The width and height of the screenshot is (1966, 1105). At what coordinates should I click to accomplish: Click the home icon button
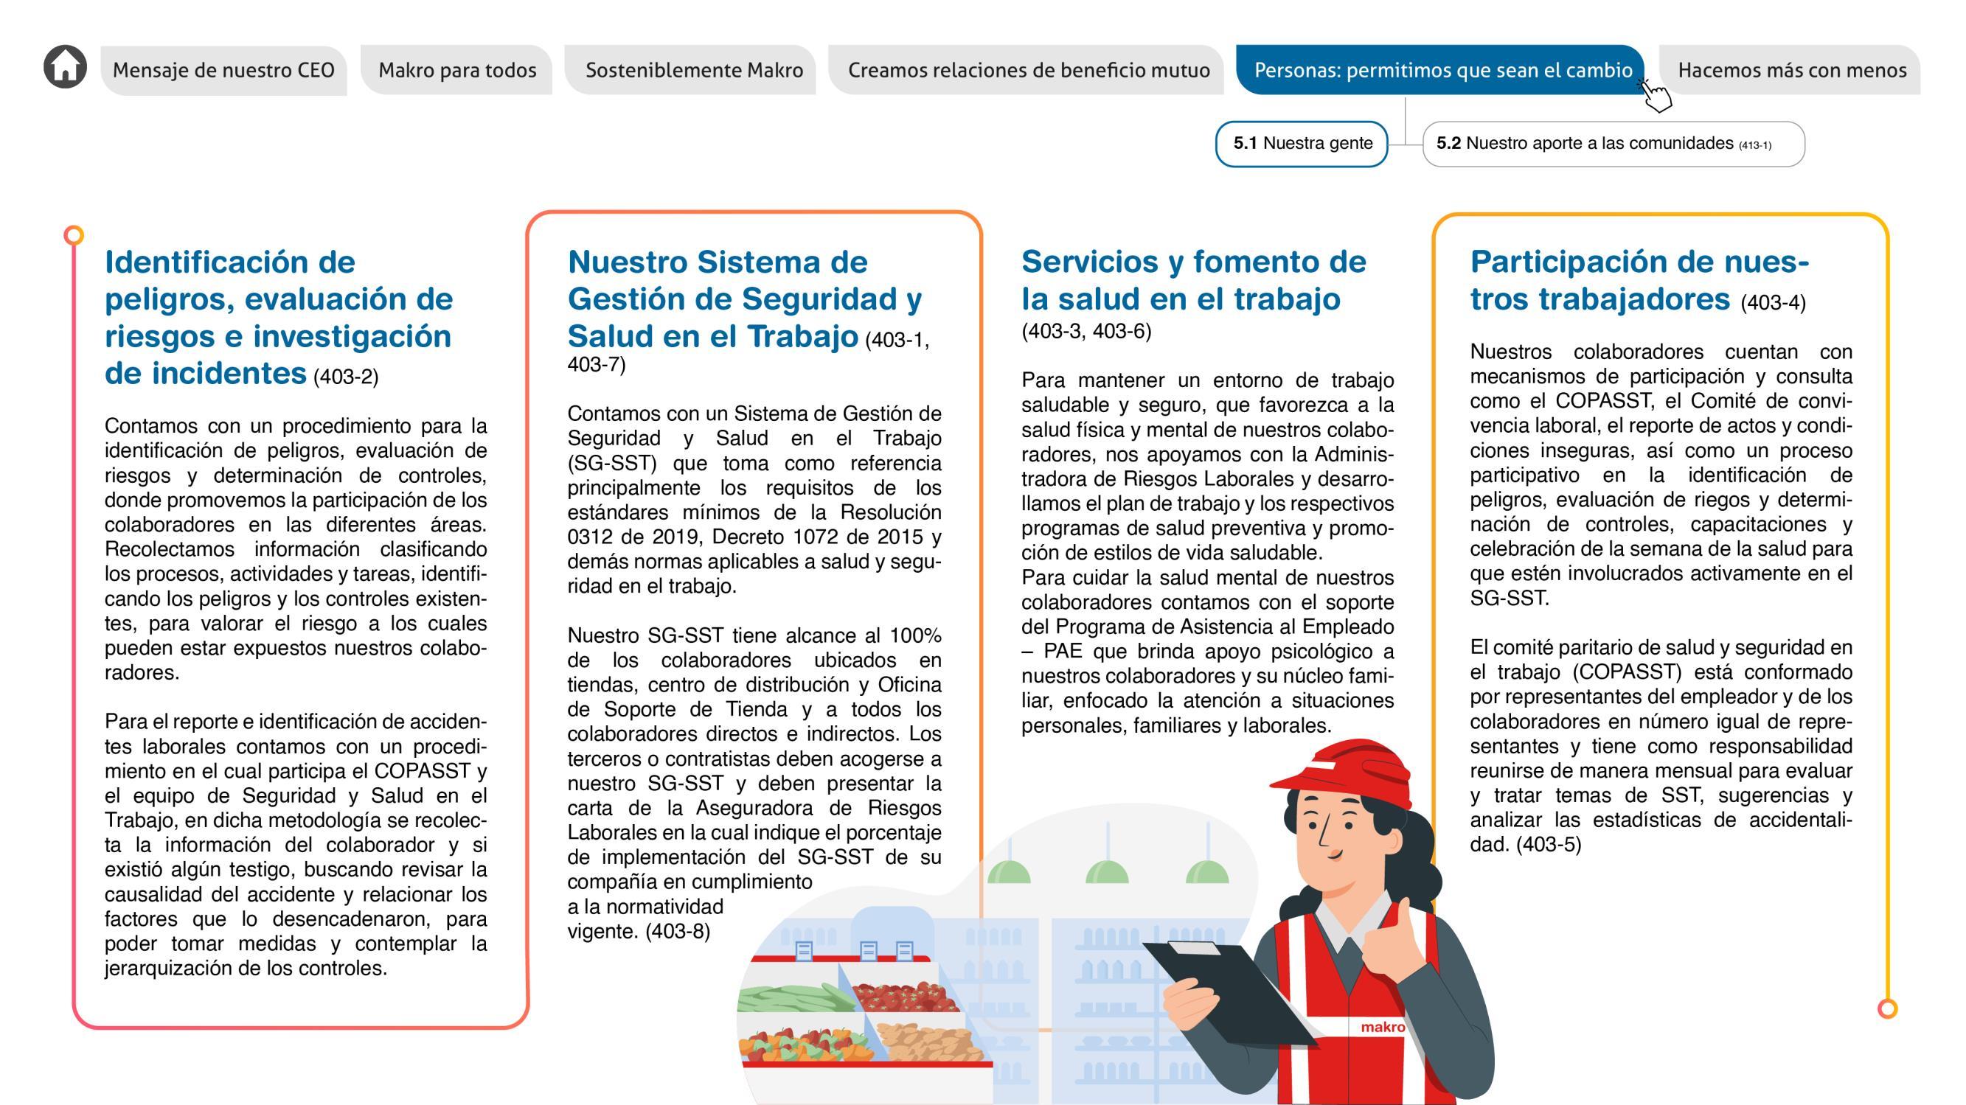point(65,67)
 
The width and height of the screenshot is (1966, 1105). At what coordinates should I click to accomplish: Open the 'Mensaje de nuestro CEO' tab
point(223,70)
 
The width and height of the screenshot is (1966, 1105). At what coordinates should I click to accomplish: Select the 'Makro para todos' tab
point(457,70)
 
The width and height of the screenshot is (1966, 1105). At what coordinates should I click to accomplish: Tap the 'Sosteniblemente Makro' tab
point(694,70)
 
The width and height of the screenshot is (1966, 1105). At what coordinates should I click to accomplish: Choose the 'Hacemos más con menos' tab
point(1791,70)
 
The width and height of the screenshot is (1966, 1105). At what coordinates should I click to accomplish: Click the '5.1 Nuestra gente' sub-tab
point(1302,144)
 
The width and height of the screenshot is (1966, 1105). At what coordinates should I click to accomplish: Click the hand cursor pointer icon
point(1656,95)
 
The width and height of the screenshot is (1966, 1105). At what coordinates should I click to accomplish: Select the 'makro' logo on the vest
point(1382,1027)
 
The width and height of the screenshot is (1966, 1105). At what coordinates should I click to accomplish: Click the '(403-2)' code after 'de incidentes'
point(346,377)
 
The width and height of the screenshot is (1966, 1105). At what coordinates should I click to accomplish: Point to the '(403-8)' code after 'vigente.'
point(678,932)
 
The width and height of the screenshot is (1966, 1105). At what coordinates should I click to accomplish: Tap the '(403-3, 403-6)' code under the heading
point(1086,331)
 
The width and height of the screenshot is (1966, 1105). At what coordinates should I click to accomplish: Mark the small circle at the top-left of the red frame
point(73,235)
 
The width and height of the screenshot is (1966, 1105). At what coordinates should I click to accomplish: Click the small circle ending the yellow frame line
point(1887,1009)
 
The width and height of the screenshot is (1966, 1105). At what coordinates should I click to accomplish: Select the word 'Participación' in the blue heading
point(1564,262)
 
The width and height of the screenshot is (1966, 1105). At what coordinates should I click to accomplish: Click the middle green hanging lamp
point(1107,870)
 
